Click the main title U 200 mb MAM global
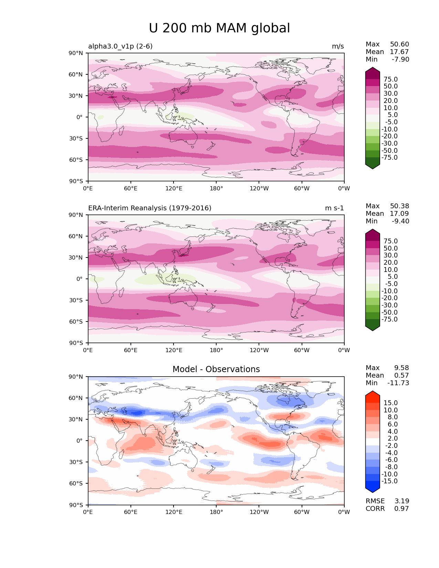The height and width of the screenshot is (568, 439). [x=219, y=28]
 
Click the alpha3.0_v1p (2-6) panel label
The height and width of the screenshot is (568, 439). [x=120, y=46]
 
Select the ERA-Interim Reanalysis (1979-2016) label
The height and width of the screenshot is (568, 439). [x=150, y=208]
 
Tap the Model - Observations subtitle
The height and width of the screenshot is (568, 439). [x=216, y=369]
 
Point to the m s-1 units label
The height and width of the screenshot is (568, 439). [x=334, y=208]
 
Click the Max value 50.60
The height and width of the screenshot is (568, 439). [x=399, y=44]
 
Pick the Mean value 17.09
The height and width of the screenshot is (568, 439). [x=399, y=214]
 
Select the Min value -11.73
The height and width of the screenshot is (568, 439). [x=398, y=383]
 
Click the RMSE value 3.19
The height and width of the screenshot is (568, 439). [x=401, y=501]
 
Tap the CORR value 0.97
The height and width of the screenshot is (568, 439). [x=401, y=509]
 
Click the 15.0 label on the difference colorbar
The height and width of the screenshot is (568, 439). [x=390, y=403]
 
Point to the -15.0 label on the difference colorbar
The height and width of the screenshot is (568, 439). [x=389, y=481]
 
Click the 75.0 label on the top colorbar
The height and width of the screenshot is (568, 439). [x=390, y=80]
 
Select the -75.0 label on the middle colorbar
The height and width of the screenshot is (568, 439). [x=389, y=319]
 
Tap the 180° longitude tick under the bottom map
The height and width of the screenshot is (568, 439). [x=216, y=512]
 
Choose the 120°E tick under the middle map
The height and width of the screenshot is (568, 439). [x=174, y=350]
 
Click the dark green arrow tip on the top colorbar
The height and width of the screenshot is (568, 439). [x=373, y=167]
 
